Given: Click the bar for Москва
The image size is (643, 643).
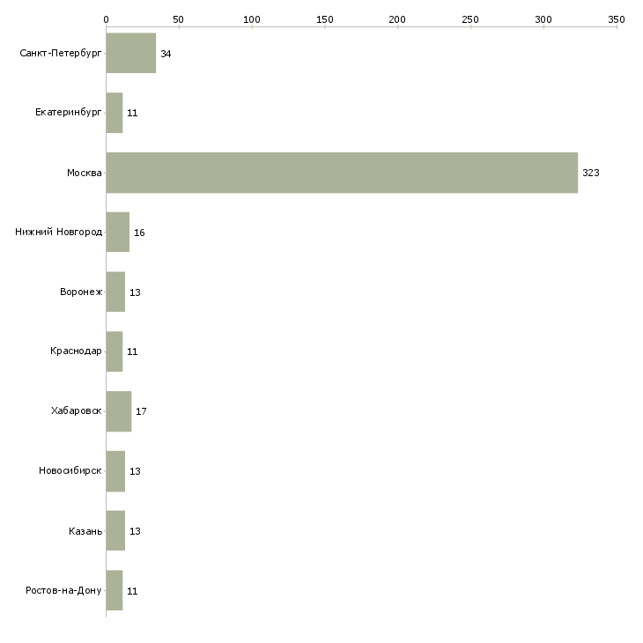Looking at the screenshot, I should point(342,173).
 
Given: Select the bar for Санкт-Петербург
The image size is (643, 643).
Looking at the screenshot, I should point(130,53).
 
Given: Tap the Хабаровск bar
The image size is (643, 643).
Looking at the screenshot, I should point(118,411).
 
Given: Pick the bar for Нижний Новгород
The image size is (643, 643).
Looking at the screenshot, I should point(117,233).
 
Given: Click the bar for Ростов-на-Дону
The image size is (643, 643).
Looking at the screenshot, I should point(114,590).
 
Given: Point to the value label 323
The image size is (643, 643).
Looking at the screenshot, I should point(590,173).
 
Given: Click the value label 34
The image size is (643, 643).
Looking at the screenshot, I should point(166,54).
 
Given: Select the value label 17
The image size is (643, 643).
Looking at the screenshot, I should point(141,411).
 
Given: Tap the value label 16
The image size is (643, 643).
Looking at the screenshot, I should point(139,233).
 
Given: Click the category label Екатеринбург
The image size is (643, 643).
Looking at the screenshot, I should point(69,113).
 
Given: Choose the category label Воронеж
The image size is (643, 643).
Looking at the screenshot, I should point(81,292).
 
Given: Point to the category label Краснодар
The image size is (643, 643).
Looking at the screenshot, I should point(76,351).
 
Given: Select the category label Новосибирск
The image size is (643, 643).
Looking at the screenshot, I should point(70,471).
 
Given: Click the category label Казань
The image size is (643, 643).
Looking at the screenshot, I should point(85,531).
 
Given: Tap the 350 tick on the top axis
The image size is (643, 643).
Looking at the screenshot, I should point(616,18).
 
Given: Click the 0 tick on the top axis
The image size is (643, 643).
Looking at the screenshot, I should point(106,18).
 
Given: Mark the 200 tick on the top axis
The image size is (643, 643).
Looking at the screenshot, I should point(397,18).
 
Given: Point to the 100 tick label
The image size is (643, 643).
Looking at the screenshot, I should point(252,18).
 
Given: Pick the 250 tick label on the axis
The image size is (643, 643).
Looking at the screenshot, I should point(470,18).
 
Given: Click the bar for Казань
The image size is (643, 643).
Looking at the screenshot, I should point(115,530).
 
